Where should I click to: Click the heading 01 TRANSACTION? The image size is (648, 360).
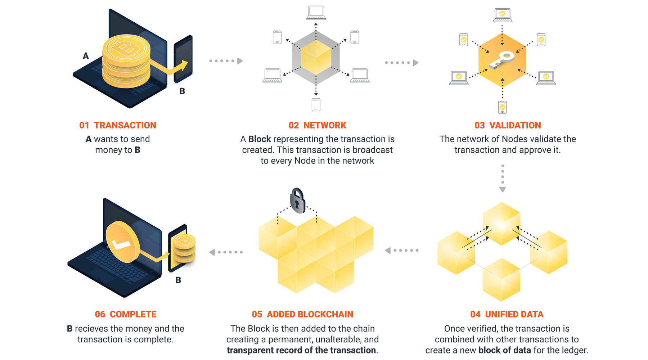118,125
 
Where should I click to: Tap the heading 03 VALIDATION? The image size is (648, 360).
508,125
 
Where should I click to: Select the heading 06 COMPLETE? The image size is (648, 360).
126,314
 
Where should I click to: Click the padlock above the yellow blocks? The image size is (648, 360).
297,201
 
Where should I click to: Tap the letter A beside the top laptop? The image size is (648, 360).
86,56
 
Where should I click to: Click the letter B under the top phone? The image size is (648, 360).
182,91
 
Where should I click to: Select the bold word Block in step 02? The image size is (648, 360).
260,139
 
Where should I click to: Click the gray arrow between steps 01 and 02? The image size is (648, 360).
226,61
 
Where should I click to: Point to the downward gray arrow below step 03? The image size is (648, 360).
503,179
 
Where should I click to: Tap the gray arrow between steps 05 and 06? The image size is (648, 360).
226,252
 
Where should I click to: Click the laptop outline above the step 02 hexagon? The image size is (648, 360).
316,13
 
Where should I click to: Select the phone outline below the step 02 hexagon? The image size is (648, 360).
316,104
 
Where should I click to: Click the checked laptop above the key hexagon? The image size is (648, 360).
502,15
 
